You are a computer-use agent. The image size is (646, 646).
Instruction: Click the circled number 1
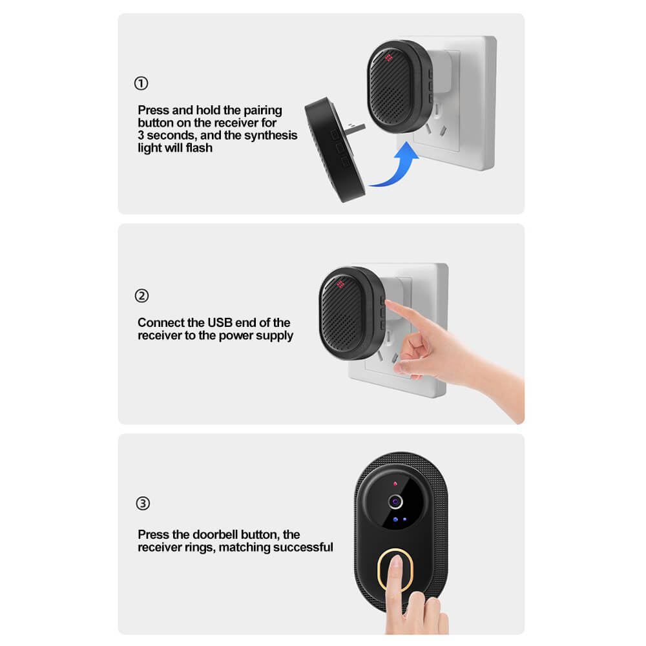click(x=141, y=83)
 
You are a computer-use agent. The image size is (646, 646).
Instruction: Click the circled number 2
click(x=141, y=296)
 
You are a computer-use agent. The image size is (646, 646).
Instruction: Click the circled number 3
click(x=143, y=503)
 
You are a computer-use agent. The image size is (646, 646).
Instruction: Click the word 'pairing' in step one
click(x=263, y=111)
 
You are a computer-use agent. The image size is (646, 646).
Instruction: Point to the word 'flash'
click(x=199, y=147)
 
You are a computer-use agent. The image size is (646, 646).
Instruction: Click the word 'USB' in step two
click(x=220, y=322)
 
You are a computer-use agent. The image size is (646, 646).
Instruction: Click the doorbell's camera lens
click(x=395, y=501)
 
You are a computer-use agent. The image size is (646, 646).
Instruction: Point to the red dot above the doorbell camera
click(x=395, y=483)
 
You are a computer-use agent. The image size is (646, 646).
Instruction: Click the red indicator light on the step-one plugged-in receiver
click(x=388, y=57)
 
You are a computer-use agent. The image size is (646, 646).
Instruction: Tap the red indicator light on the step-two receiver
click(x=340, y=284)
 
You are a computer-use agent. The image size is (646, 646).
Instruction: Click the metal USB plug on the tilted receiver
click(x=356, y=127)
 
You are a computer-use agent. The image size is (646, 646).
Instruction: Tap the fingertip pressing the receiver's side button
click(x=390, y=304)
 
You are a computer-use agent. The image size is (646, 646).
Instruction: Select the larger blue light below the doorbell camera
click(x=395, y=519)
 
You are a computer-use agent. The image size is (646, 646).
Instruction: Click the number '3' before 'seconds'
click(x=141, y=135)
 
